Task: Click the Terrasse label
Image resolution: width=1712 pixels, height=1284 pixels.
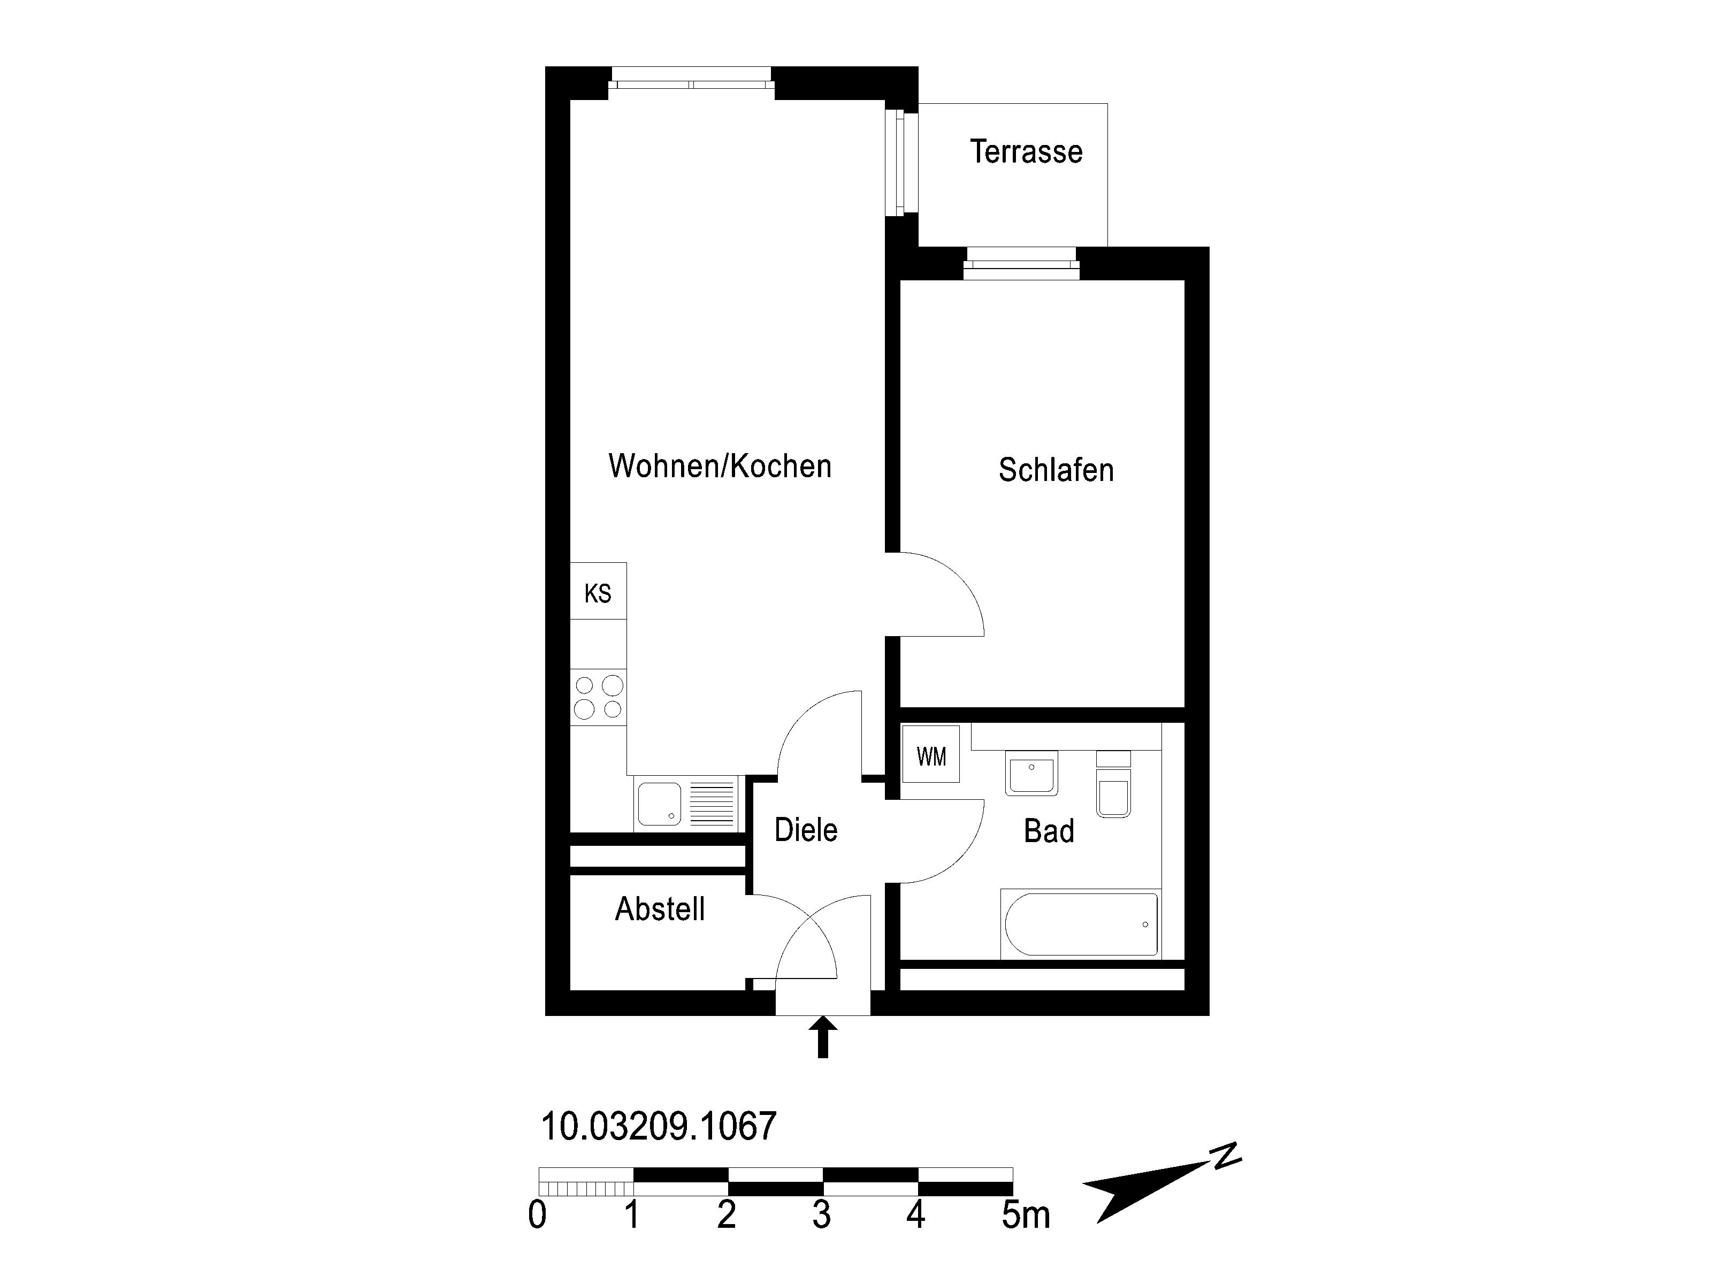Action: click(1026, 152)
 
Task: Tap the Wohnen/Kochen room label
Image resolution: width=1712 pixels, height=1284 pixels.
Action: click(720, 466)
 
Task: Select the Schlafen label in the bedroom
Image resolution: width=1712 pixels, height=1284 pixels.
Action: click(1056, 470)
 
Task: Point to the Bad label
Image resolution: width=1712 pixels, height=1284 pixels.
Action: click(1049, 831)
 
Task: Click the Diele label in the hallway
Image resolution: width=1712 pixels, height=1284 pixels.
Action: click(806, 830)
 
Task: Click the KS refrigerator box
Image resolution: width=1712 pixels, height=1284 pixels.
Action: click(598, 591)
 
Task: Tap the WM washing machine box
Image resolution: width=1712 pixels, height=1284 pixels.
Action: click(931, 754)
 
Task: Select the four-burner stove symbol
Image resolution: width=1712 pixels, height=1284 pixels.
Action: click(598, 697)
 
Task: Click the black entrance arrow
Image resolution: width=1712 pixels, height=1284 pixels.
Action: click(823, 1038)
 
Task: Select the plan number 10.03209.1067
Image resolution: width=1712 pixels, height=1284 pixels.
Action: click(659, 1126)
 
